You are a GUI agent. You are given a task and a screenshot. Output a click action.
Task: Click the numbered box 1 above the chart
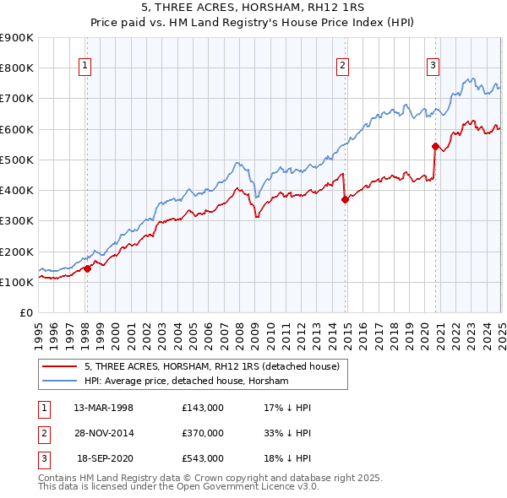pyautogui.click(x=86, y=67)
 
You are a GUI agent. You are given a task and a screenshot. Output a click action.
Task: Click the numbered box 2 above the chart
pyautogui.click(x=343, y=67)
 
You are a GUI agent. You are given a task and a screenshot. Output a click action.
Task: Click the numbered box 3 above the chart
pyautogui.click(x=433, y=67)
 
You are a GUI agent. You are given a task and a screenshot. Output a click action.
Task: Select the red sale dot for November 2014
pyautogui.click(x=345, y=199)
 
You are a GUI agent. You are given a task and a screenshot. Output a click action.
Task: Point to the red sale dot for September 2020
pyautogui.click(x=435, y=146)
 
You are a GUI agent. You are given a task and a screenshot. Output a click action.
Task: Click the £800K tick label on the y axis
pyautogui.click(x=17, y=68)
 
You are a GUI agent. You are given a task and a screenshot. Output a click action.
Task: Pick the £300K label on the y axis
pyautogui.click(x=17, y=221)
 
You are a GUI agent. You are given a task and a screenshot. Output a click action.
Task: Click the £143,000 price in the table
pyautogui.click(x=202, y=407)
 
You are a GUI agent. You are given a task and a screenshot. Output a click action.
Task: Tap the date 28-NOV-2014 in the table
pyautogui.click(x=103, y=433)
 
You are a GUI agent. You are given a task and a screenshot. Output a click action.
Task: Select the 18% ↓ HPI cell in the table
pyautogui.click(x=288, y=459)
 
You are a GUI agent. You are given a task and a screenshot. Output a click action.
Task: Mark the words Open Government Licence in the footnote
pyautogui.click(x=253, y=487)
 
